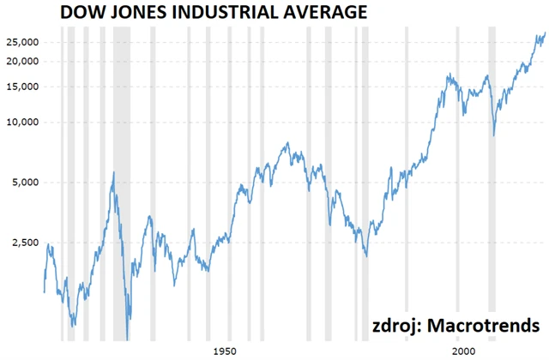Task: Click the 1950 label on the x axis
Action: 225,351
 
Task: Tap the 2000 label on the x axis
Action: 463,351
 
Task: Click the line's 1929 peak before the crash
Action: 113,172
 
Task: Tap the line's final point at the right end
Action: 545,33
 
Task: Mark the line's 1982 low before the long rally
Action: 366,255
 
